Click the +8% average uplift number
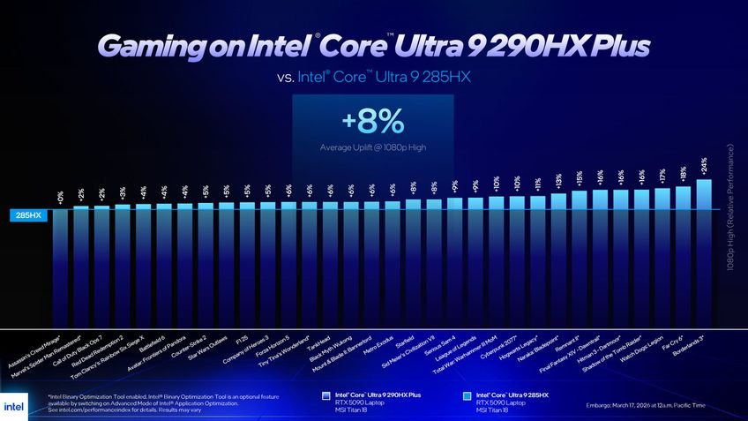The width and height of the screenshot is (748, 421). [373, 120]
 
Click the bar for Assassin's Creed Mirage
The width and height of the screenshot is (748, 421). [60, 265]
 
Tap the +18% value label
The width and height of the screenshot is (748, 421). [684, 173]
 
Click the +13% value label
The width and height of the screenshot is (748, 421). [558, 181]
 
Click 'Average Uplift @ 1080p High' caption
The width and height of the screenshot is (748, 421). [373, 147]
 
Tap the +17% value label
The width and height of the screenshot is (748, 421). [662, 175]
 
